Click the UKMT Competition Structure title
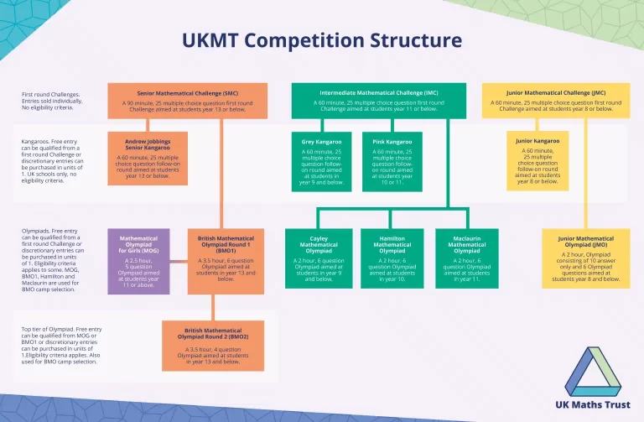coord(322,40)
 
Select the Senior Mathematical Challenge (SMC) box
coord(187,99)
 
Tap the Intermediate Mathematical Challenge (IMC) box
coord(378,99)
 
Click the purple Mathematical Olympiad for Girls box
coord(138,261)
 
